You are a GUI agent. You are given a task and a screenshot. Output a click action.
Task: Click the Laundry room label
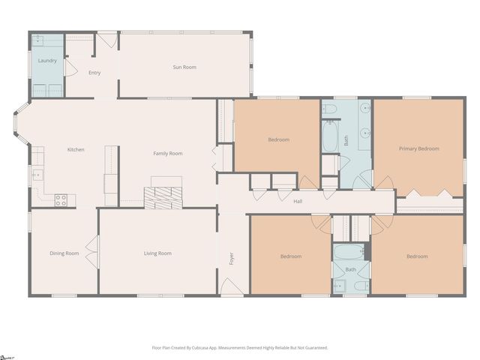tap(47, 59)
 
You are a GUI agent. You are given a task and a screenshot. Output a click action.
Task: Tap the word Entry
tap(94, 73)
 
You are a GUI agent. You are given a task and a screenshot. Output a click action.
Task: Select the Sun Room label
tap(184, 67)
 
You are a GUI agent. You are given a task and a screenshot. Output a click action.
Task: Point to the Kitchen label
tap(76, 149)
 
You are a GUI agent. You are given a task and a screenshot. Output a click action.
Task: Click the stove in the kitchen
tap(61, 200)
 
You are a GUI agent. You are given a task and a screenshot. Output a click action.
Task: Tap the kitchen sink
tap(35, 175)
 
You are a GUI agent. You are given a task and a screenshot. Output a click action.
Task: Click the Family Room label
tap(168, 154)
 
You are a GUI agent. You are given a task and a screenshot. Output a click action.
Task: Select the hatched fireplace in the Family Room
tap(163, 197)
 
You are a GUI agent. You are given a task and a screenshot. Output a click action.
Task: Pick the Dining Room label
tap(64, 253)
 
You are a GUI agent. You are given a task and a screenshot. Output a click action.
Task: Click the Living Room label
tap(157, 253)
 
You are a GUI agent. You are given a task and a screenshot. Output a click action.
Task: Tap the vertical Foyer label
tap(232, 259)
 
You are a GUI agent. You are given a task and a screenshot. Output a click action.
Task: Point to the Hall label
tap(298, 201)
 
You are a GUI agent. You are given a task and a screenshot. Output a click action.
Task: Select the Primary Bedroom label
tap(418, 148)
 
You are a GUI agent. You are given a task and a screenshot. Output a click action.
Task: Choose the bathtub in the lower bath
tap(349, 251)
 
